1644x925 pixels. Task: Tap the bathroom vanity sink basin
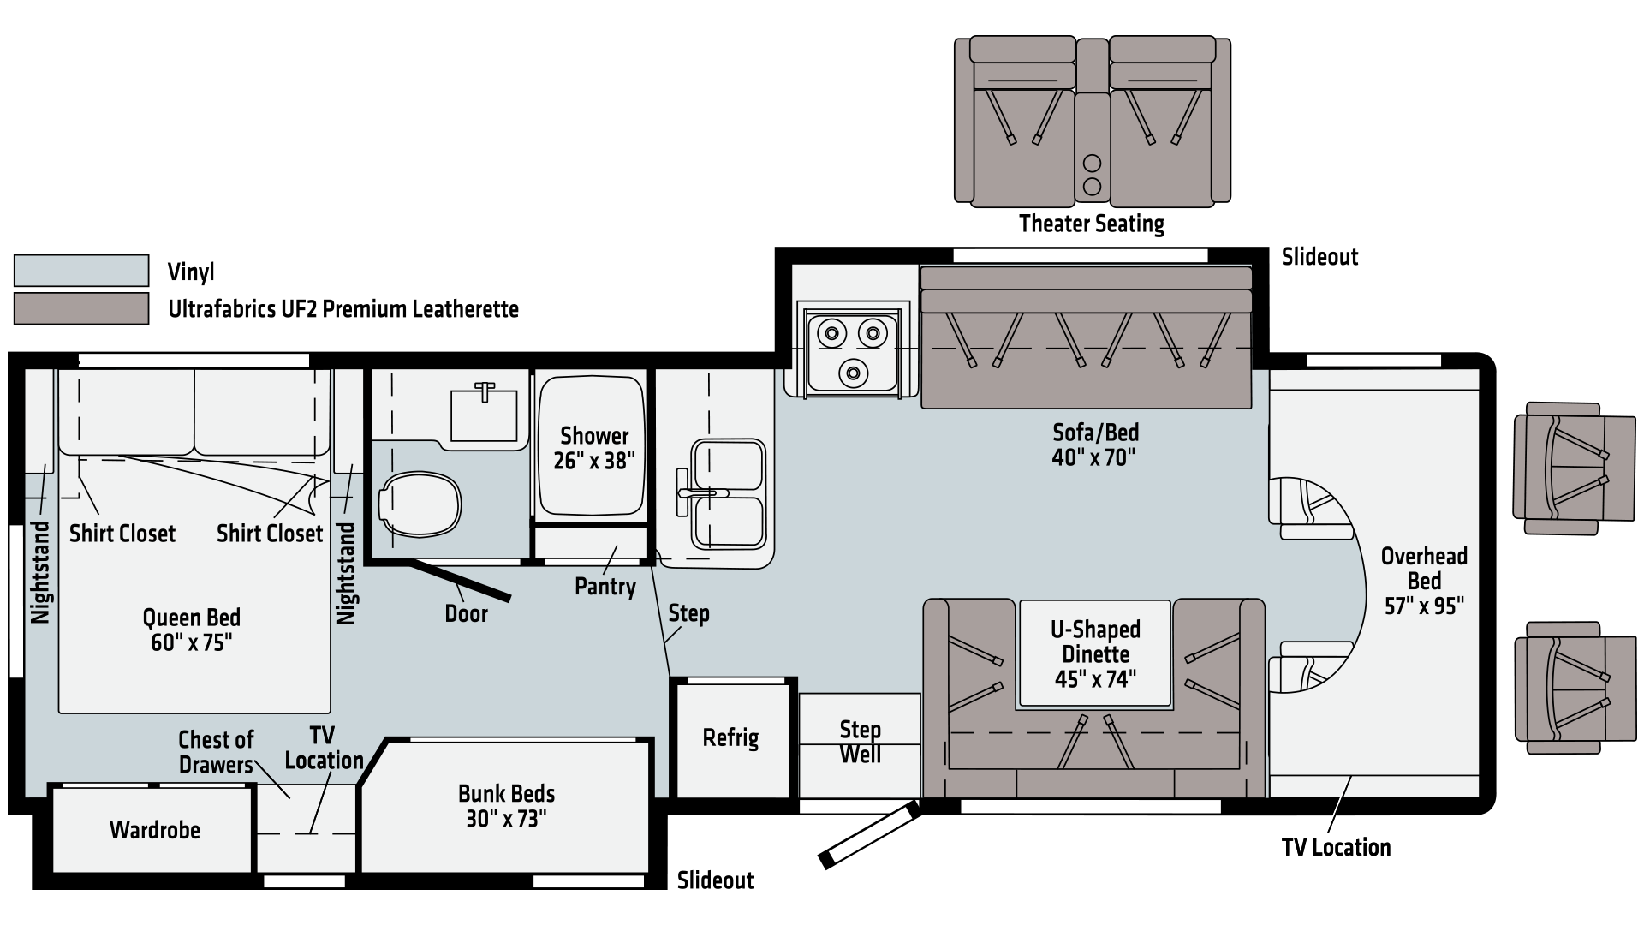tap(484, 415)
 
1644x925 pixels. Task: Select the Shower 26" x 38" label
tap(594, 448)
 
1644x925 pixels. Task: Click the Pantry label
tap(605, 587)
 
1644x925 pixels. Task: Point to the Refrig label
tap(730, 737)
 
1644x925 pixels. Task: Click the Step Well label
tap(860, 742)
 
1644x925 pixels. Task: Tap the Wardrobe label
tap(155, 830)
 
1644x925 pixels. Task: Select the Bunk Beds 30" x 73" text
tap(506, 806)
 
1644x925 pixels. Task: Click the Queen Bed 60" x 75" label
tap(191, 630)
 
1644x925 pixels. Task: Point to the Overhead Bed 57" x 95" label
tap(1424, 581)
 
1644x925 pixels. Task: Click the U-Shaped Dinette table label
tap(1095, 654)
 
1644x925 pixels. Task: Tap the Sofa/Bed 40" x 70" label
tap(1095, 444)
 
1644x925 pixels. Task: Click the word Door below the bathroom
tap(466, 613)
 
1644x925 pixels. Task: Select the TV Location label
tap(324, 748)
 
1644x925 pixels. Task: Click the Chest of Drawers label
tap(216, 751)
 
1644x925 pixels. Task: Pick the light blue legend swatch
tap(81, 271)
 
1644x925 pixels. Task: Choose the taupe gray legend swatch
tap(81, 308)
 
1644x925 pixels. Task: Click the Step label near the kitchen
tap(688, 613)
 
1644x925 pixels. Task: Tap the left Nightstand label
tap(40, 572)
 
